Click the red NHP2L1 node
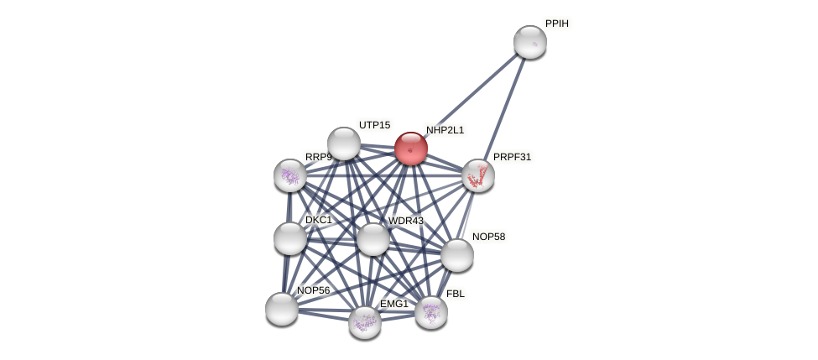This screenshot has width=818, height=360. [x=411, y=149]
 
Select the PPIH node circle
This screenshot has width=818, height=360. [x=530, y=42]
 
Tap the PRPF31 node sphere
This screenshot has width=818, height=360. [x=478, y=175]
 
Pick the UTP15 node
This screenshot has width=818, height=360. [x=344, y=143]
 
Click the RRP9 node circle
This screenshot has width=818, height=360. [x=290, y=175]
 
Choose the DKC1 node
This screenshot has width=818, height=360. [x=290, y=238]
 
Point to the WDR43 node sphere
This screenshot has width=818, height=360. [x=373, y=239]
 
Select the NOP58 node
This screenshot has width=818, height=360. [x=457, y=255]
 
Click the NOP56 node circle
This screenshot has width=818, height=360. [x=282, y=309]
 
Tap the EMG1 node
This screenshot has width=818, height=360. [x=365, y=322]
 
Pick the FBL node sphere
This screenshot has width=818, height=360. [x=431, y=312]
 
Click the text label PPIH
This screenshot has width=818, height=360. [x=557, y=24]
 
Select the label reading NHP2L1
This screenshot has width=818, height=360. [x=445, y=130]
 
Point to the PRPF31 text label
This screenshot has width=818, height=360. [x=512, y=157]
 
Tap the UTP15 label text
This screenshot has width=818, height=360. [x=374, y=125]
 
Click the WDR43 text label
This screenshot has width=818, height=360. [x=406, y=221]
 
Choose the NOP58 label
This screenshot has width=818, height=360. [x=488, y=237]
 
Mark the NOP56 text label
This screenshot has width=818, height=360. [x=314, y=290]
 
